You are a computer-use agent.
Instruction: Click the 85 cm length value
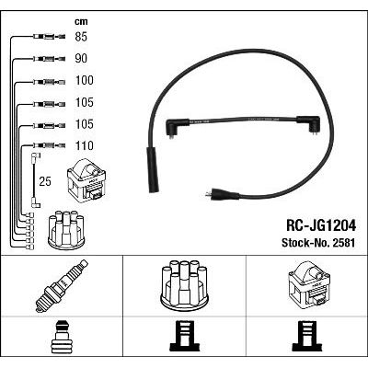[x=81, y=37]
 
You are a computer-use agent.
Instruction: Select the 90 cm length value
[x=81, y=58]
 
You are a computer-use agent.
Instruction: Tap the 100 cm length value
[x=85, y=80]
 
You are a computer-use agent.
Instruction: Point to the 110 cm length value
[x=85, y=145]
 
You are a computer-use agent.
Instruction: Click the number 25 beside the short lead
[x=45, y=181]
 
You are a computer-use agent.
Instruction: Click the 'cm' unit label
[x=81, y=21]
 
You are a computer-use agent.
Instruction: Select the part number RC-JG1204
[x=321, y=226]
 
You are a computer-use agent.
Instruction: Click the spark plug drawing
[x=62, y=286]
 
